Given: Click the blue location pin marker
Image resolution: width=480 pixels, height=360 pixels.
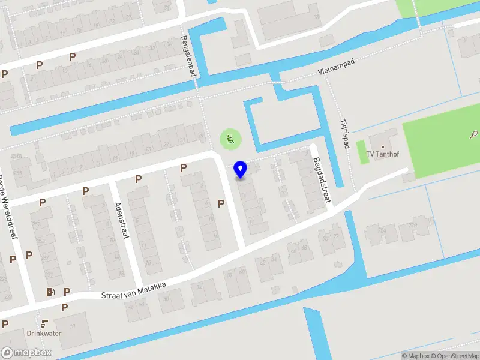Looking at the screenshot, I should coord(241,170).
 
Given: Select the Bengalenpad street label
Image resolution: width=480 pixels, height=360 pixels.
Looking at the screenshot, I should coord(190,56).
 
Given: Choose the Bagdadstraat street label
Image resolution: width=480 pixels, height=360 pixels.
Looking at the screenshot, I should coord(322,180).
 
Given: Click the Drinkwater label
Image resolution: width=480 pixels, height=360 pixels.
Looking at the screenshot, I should coord(44,333).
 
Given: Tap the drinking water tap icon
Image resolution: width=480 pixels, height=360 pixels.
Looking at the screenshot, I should coord(44,323).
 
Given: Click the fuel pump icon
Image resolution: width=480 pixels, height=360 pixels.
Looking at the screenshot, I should coord(50,292).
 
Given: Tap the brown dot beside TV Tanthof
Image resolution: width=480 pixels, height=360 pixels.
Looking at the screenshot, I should coord(382,146).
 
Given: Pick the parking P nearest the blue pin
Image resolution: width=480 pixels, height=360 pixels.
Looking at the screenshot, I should coord(221,204).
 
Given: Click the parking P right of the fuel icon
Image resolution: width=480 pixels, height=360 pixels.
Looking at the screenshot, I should coord(67,292).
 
